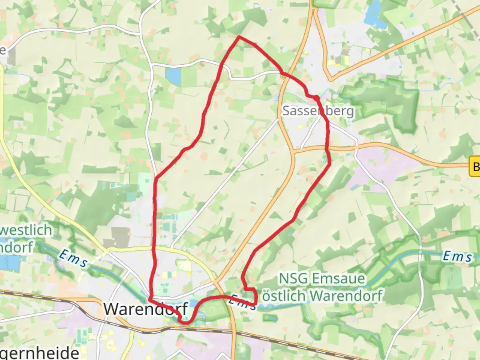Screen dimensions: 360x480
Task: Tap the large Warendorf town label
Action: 145,309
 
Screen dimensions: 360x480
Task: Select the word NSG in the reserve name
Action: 292,278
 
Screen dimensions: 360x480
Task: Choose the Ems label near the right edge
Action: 457,256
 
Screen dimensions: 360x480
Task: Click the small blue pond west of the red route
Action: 172,76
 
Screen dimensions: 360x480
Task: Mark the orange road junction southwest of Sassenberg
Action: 293,151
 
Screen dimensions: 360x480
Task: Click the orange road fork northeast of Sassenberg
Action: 330,79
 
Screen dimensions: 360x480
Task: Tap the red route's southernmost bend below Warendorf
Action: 185,322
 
